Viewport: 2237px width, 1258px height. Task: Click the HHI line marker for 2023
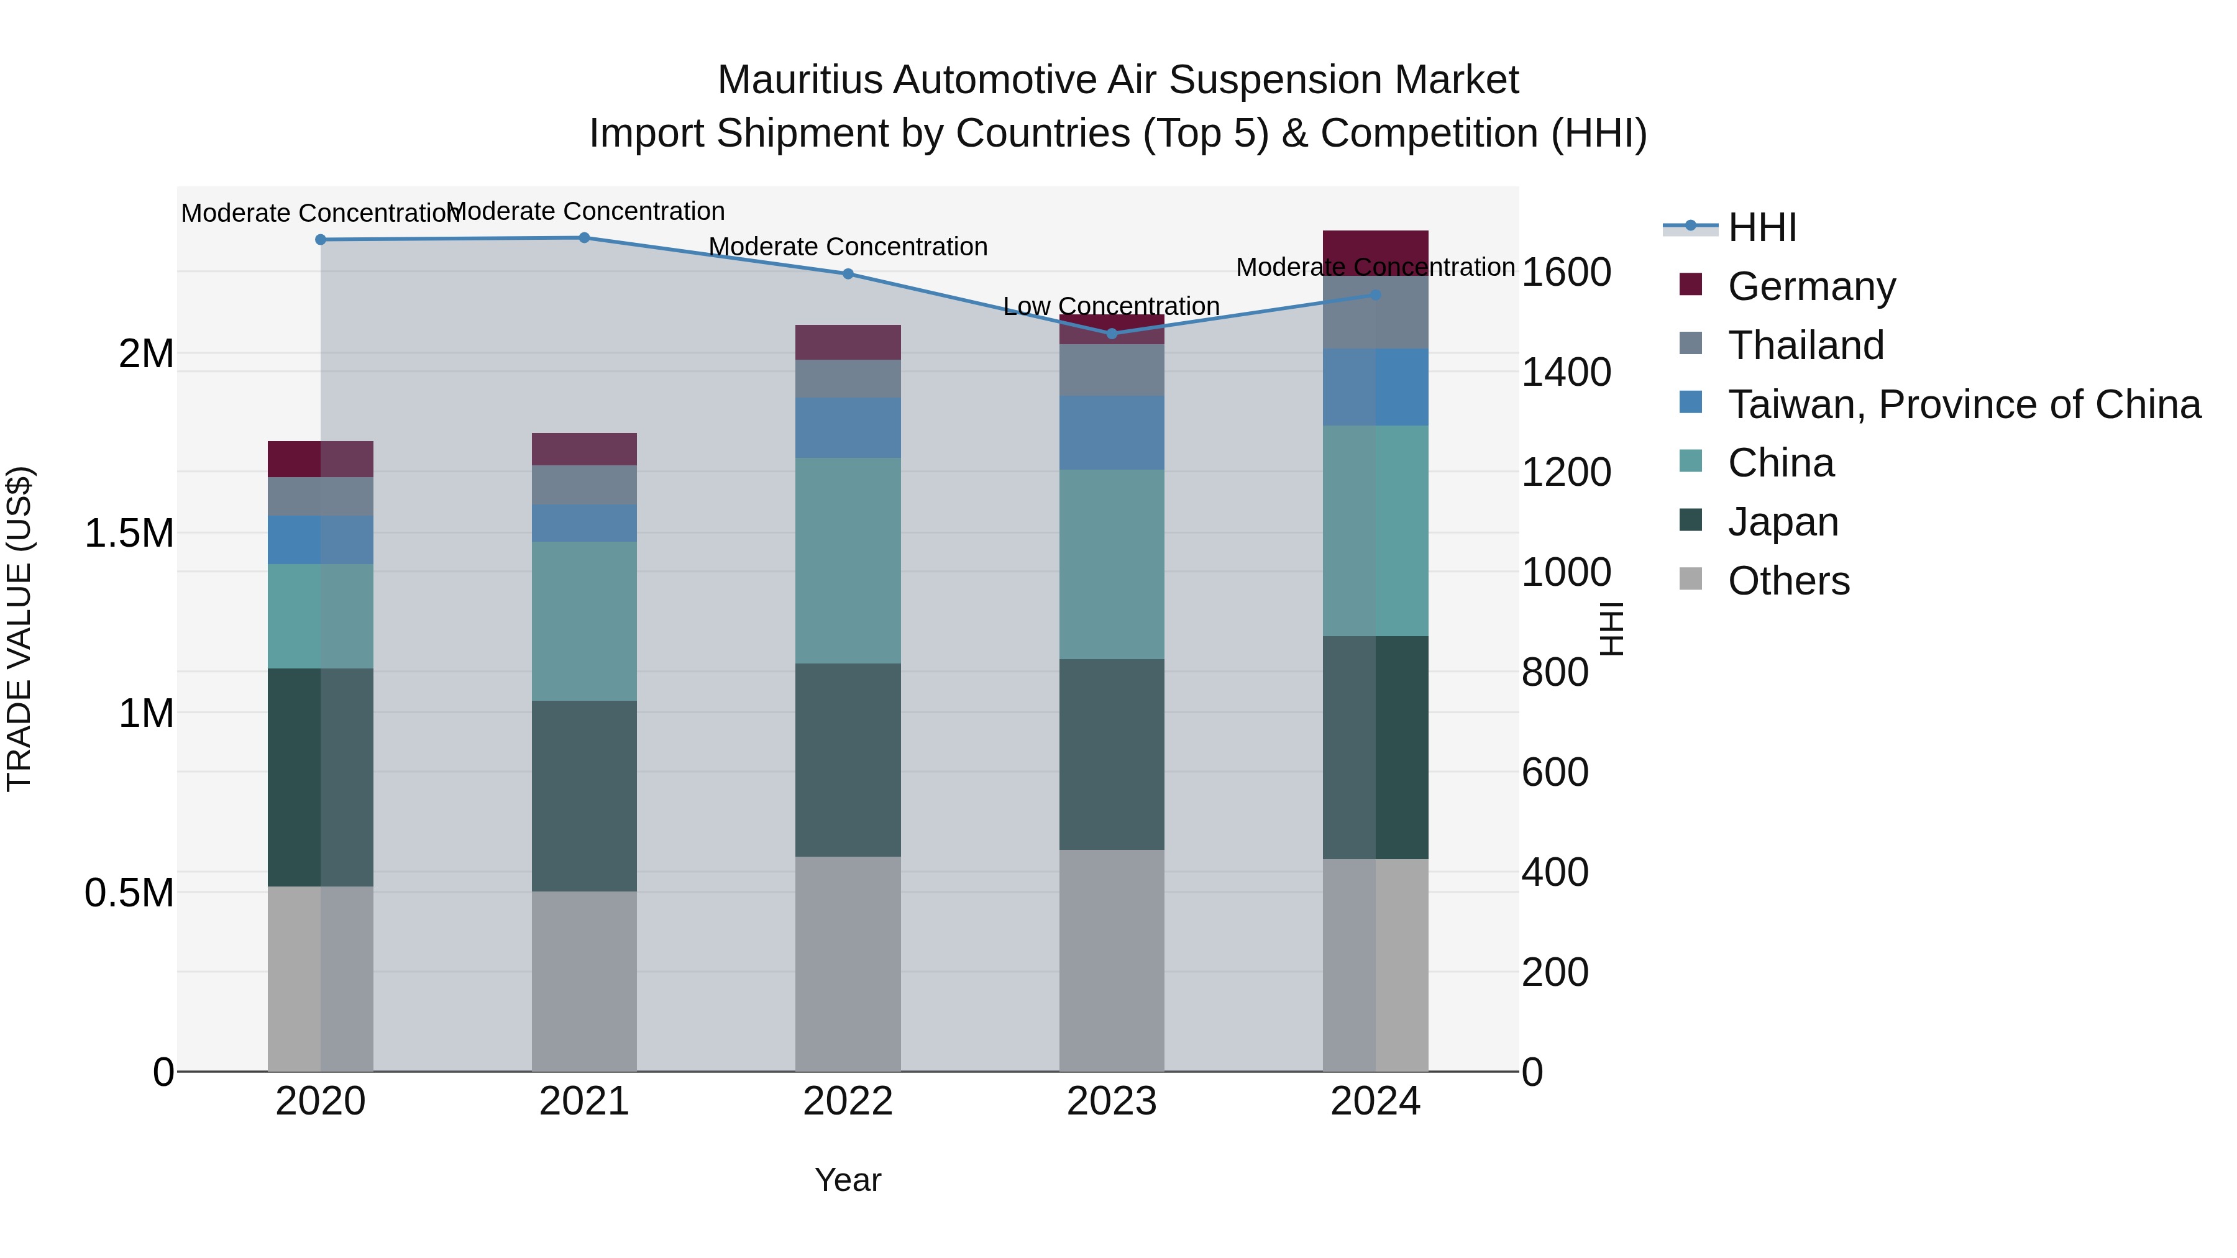[x=1112, y=334]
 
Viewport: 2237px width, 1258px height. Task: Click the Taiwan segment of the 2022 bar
[x=848, y=427]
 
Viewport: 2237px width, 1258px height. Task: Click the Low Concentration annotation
[x=1112, y=306]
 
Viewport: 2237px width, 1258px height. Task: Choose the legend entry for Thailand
[x=1806, y=345]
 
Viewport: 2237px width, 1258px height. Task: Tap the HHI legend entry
[x=1762, y=227]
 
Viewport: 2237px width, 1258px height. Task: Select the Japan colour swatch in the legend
[x=1691, y=521]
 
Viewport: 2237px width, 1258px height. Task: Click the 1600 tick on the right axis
[x=1566, y=273]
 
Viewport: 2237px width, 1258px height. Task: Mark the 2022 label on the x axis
[x=848, y=1101]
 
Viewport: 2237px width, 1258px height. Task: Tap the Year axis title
[x=848, y=1180]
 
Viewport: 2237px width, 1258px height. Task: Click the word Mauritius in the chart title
[x=799, y=80]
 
